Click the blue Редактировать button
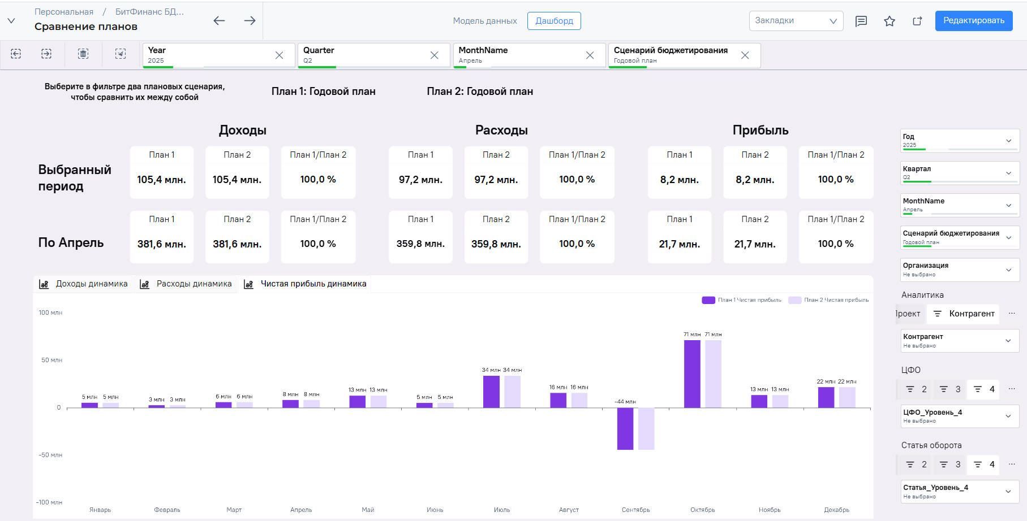click(x=973, y=21)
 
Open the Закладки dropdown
click(x=796, y=21)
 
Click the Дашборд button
click(x=554, y=21)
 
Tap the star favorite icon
click(x=890, y=21)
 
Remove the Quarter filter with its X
click(x=434, y=55)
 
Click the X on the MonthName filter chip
click(x=590, y=55)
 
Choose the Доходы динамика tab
click(x=83, y=284)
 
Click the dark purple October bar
click(x=692, y=374)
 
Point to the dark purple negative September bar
click(x=625, y=428)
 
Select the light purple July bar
click(x=512, y=392)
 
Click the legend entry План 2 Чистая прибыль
click(x=828, y=300)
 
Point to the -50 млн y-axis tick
click(x=50, y=455)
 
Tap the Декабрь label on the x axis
click(x=836, y=510)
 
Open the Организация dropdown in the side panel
click(x=960, y=270)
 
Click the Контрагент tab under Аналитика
click(x=964, y=314)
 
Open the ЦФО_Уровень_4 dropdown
click(x=960, y=416)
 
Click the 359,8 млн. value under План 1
click(x=420, y=244)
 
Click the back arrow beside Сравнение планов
click(x=219, y=21)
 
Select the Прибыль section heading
click(x=760, y=131)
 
